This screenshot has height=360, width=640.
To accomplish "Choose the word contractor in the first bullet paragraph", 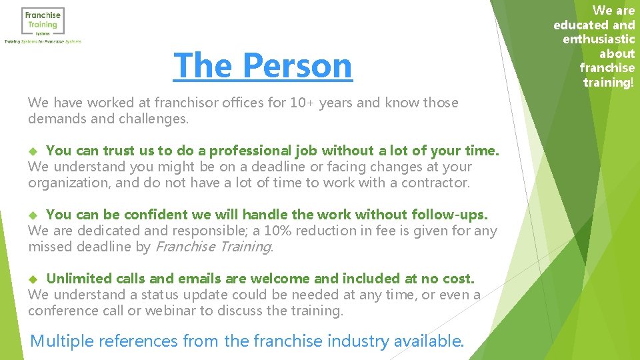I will pos(435,183).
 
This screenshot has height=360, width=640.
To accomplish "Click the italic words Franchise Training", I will pos(213,247).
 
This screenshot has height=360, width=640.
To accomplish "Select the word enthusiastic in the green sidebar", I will pos(599,39).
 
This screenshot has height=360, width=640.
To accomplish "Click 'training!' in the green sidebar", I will pos(609,83).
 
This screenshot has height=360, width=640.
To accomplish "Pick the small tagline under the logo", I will pos(43,41).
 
